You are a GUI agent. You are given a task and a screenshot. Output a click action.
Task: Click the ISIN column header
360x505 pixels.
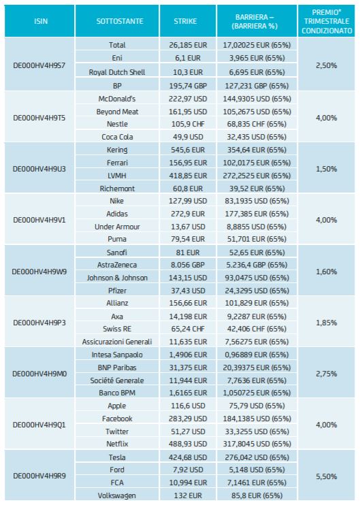pos(41,21)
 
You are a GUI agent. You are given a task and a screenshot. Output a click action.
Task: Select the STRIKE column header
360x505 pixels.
pos(185,21)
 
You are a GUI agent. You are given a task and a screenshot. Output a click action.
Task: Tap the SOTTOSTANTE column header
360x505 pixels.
pos(120,21)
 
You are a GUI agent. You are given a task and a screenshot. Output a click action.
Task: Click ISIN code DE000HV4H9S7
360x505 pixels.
pos(39,65)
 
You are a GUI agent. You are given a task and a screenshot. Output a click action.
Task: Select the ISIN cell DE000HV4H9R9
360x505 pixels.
pos(39,476)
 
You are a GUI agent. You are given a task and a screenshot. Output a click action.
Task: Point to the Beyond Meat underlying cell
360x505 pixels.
pos(117,112)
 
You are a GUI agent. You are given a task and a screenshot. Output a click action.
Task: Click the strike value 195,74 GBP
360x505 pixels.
pos(188,86)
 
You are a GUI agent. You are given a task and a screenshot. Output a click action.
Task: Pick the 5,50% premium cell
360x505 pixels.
pos(326,476)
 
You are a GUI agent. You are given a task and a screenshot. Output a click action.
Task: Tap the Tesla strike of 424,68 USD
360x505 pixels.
pos(188,457)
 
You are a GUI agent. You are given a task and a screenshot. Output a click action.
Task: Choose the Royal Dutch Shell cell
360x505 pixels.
pos(117,72)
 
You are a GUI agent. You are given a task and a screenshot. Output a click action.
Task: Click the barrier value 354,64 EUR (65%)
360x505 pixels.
pos(257,150)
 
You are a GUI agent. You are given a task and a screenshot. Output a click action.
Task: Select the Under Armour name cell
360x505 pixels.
pos(117,227)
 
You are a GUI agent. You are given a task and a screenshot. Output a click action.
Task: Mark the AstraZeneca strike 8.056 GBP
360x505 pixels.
pos(188,265)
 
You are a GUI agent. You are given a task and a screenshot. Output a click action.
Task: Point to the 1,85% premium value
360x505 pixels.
pos(326,323)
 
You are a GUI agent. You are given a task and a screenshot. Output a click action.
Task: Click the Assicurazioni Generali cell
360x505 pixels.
pos(117,342)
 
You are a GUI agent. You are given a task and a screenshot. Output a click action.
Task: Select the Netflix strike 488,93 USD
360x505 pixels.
pos(188,444)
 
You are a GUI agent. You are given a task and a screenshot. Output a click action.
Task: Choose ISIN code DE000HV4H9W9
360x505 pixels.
pos(39,272)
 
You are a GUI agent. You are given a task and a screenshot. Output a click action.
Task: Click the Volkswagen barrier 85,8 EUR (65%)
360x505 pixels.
pos(257,495)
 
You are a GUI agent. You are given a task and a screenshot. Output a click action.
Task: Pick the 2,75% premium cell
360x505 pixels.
pos(326,374)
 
